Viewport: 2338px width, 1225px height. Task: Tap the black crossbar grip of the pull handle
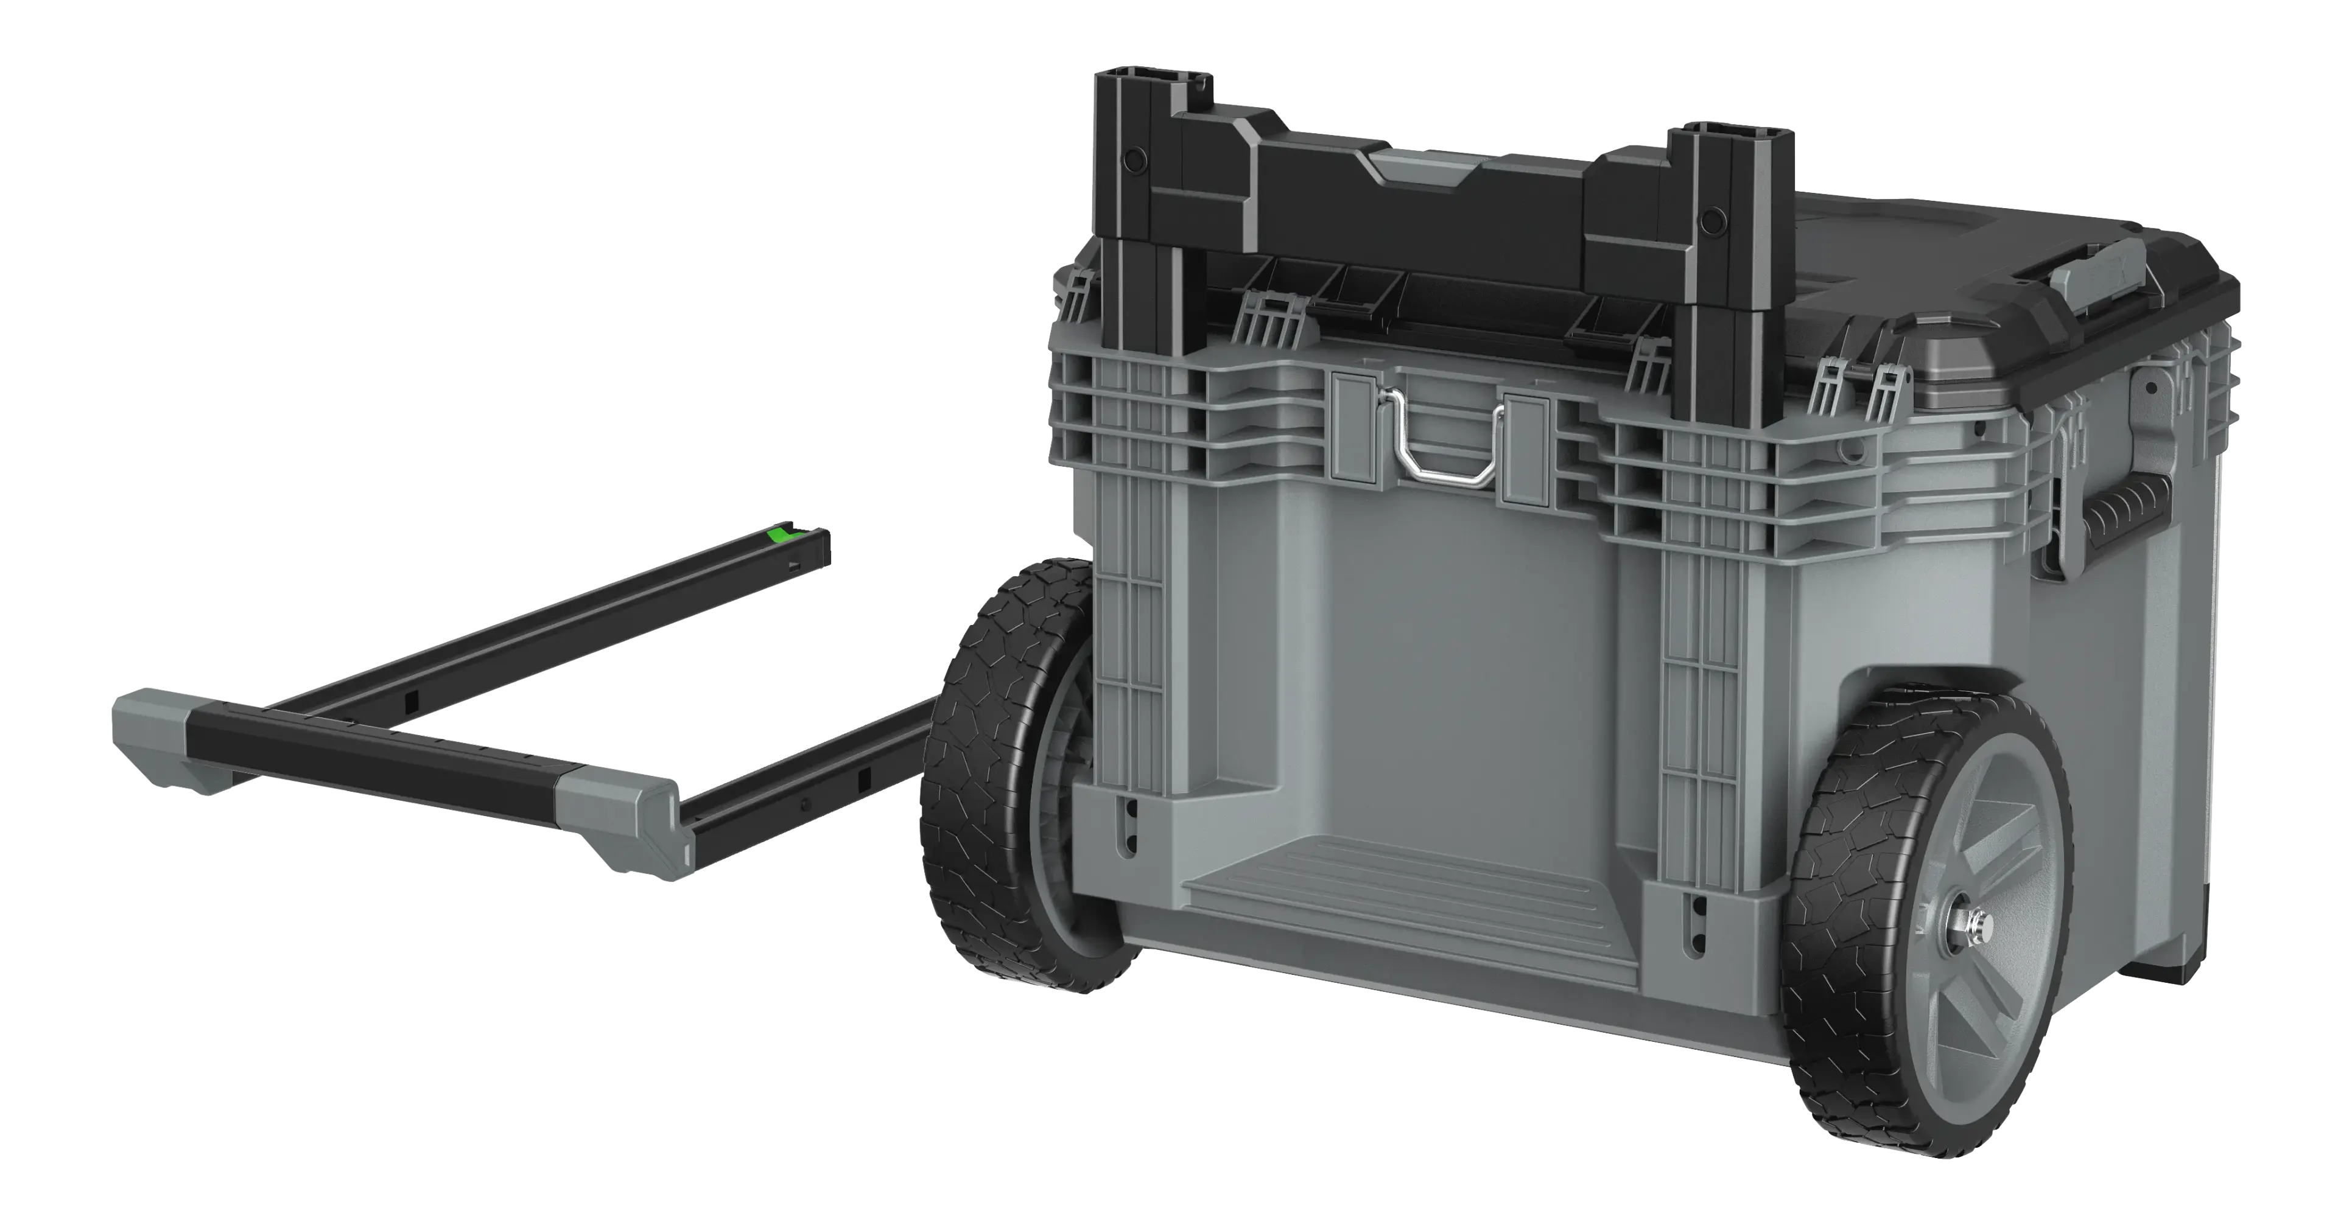pos(381,750)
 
